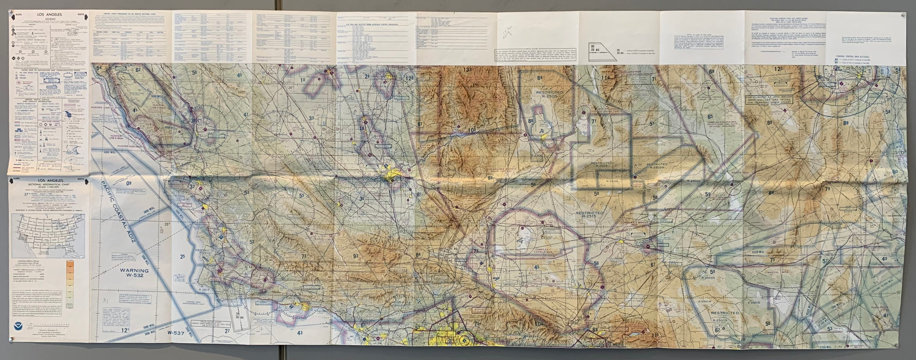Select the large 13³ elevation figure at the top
467,70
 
